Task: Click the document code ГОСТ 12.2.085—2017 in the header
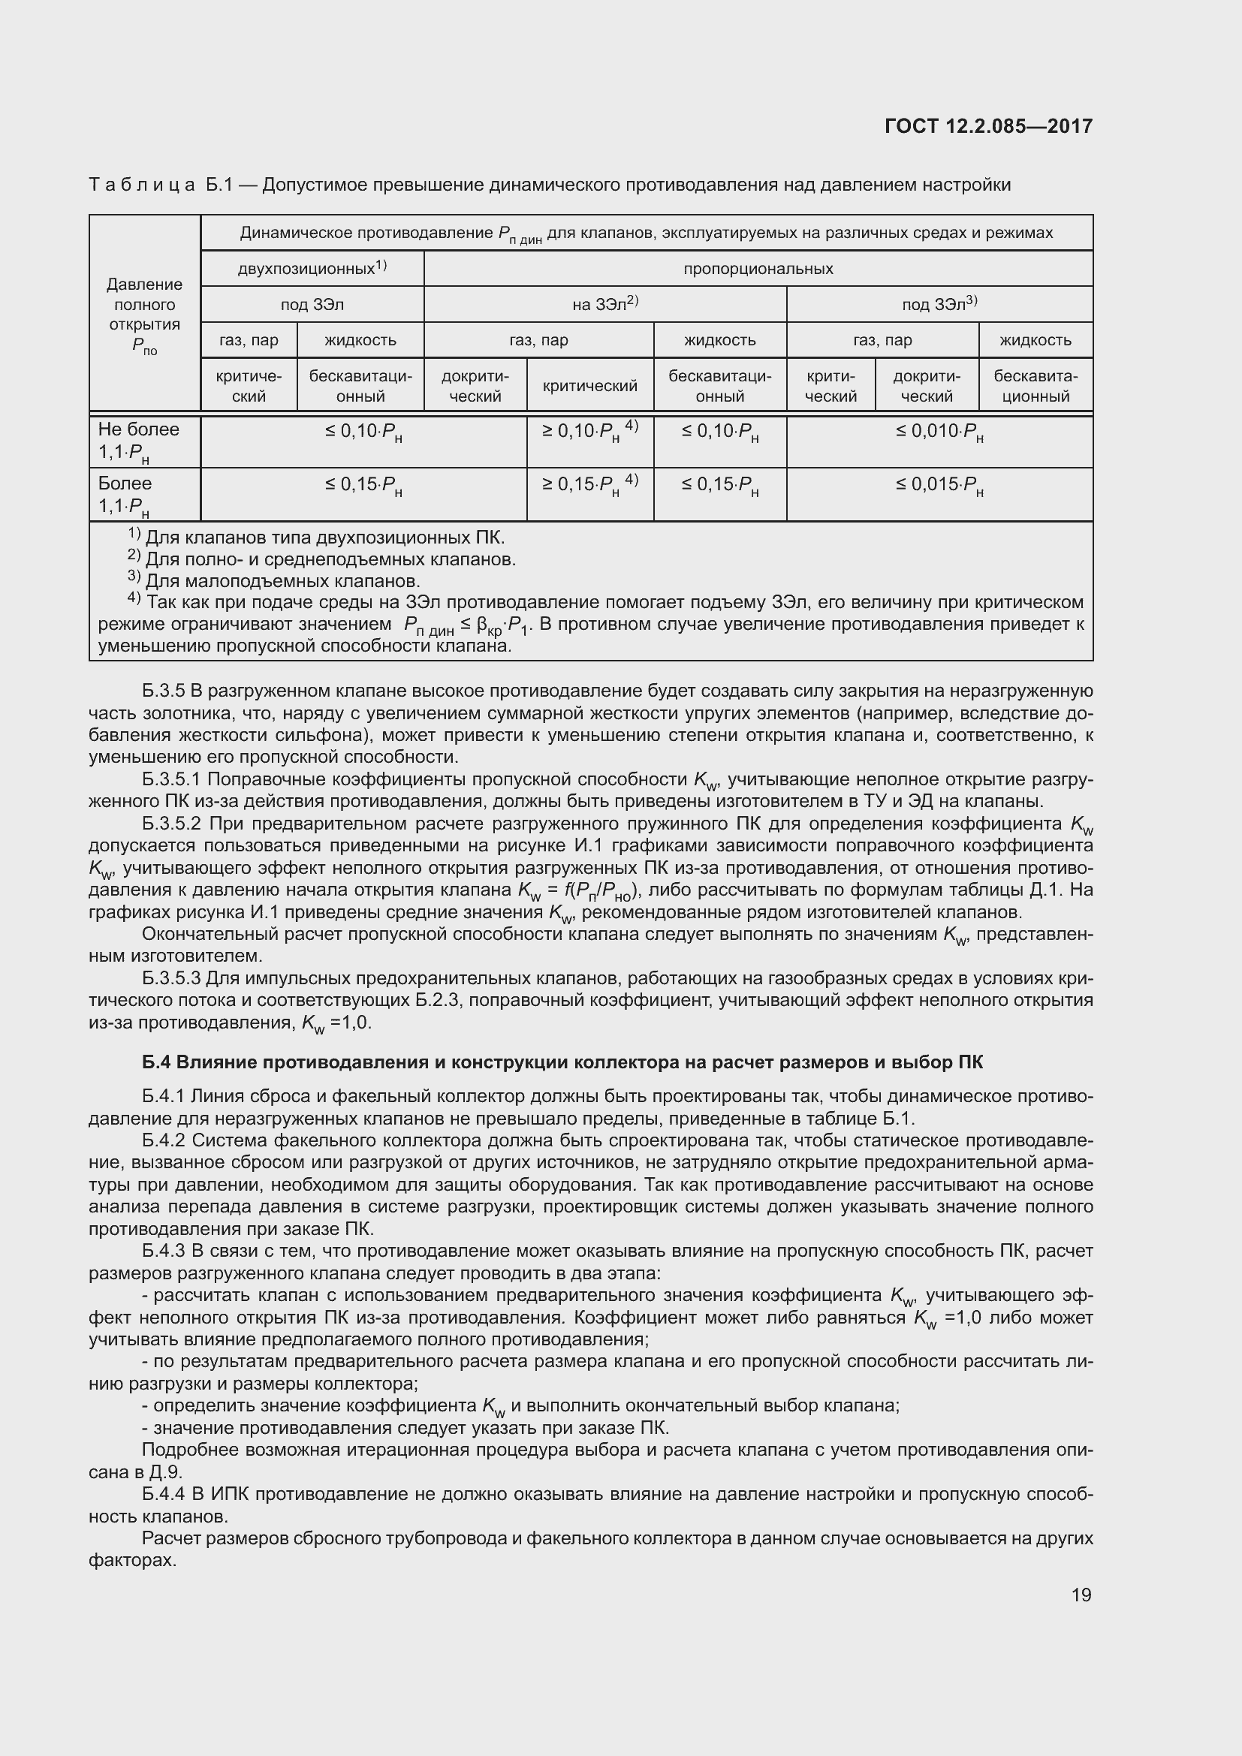(988, 126)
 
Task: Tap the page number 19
(1081, 1595)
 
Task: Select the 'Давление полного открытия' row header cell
(144, 315)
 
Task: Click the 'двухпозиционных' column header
(312, 269)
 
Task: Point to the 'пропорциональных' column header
(758, 269)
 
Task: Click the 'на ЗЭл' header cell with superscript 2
(604, 304)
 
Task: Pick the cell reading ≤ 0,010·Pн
(939, 433)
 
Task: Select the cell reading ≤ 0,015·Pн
(939, 486)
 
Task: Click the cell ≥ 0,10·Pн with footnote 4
(589, 433)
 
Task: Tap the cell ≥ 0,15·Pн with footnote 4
(589, 486)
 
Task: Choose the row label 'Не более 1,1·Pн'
(138, 441)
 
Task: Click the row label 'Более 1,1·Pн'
(125, 495)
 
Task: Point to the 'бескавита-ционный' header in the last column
(1035, 385)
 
